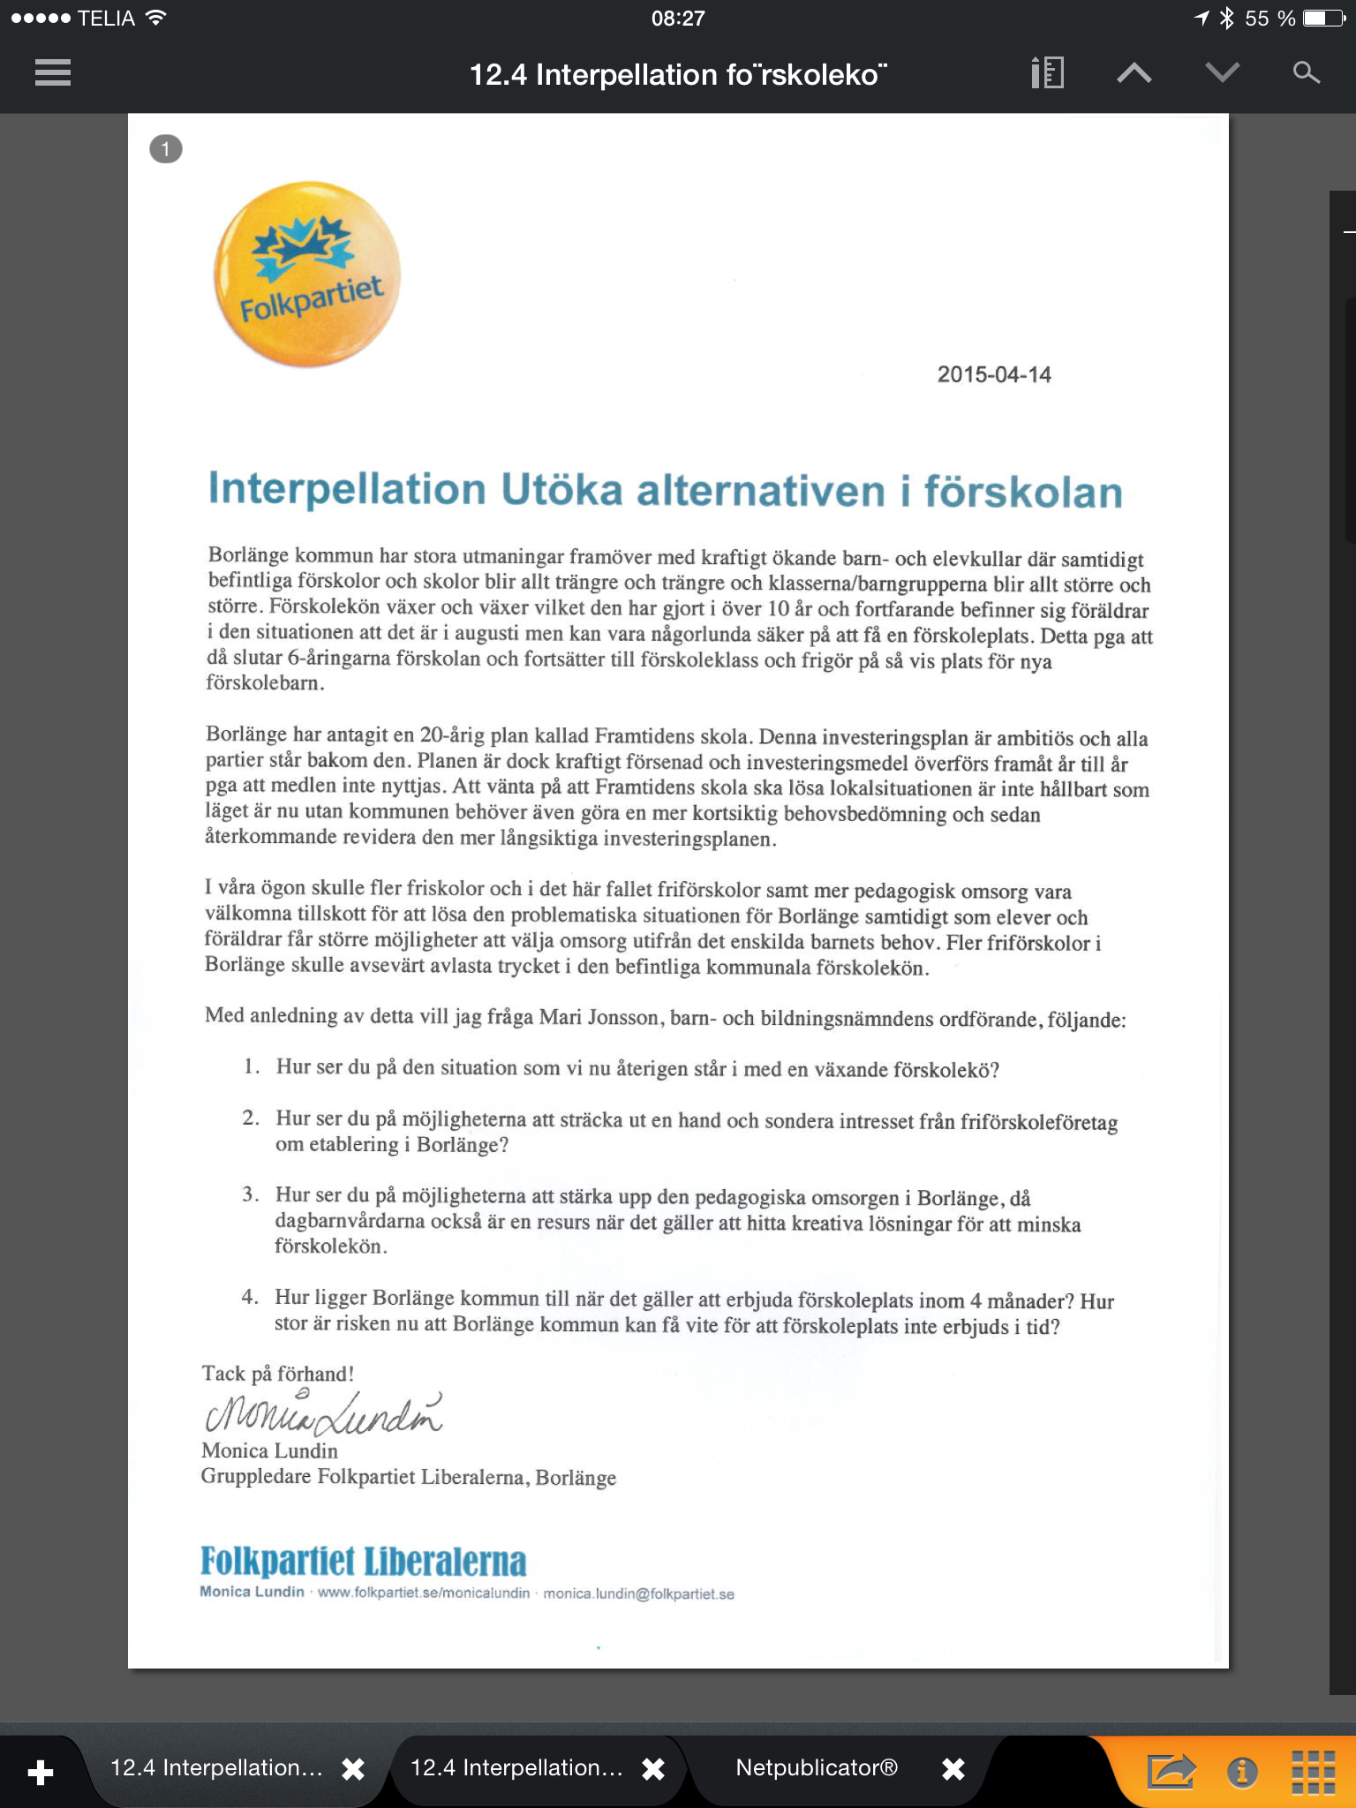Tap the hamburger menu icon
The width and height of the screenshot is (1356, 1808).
point(53,72)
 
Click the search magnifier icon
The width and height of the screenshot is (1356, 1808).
point(1306,72)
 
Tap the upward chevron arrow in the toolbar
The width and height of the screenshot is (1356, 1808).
point(1134,73)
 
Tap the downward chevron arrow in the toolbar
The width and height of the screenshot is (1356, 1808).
point(1222,73)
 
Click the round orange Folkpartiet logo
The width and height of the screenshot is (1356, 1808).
point(307,275)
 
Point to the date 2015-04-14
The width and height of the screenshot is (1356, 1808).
point(994,374)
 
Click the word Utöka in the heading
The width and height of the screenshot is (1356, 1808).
point(561,490)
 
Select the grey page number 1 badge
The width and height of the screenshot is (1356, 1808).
point(166,149)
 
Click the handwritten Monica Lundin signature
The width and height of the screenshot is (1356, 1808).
point(323,1412)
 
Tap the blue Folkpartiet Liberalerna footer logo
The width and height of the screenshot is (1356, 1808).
point(363,1561)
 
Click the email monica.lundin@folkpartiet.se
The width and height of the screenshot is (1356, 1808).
point(638,1593)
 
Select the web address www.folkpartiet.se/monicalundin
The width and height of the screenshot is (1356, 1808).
point(424,1593)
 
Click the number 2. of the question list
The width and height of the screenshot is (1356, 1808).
point(251,1119)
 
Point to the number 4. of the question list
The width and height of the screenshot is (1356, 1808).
point(250,1297)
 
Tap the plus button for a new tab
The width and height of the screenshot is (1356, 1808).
point(41,1771)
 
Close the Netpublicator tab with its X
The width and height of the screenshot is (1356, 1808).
point(953,1768)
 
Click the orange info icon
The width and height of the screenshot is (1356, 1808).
point(1242,1771)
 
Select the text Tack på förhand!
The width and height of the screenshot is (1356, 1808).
point(278,1374)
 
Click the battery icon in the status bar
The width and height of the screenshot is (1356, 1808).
point(1324,19)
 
